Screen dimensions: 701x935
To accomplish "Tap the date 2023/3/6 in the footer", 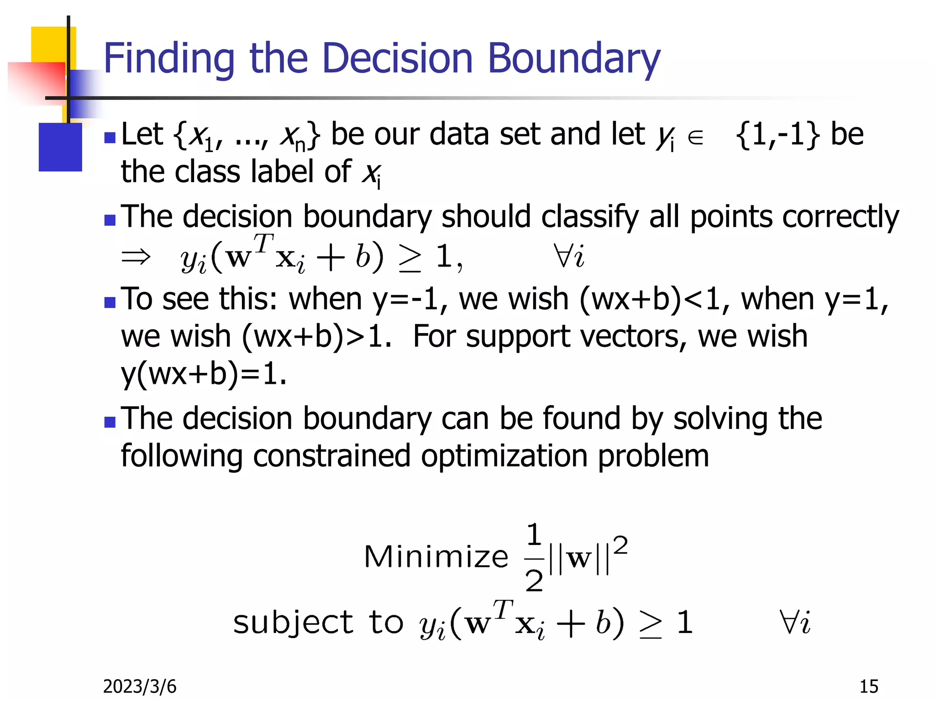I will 139,686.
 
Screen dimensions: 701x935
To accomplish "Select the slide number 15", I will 868,686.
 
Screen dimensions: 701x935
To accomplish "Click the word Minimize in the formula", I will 436,557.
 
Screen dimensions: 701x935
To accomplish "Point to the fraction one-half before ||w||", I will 534,558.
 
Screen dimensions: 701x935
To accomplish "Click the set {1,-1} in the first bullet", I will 778,135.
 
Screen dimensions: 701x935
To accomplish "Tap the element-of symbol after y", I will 695,137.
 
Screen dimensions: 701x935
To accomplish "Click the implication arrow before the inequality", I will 136,256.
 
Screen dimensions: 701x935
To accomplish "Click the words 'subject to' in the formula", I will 318,623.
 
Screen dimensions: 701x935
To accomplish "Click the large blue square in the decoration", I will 60,147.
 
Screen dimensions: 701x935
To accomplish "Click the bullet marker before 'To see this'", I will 110,303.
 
